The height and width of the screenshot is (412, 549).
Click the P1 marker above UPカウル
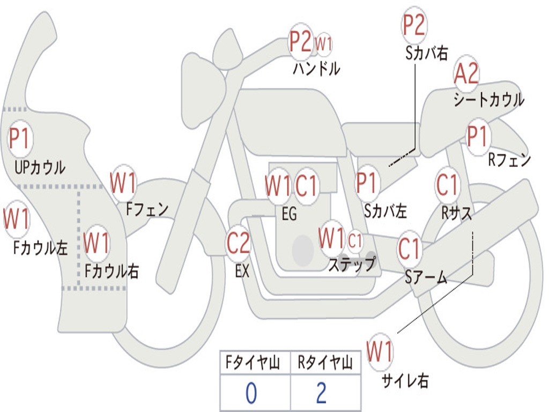point(20,139)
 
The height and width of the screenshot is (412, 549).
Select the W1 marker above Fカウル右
point(97,243)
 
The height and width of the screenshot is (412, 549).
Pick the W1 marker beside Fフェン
point(123,183)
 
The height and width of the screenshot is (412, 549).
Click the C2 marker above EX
point(238,243)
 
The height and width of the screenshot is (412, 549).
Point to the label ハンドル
point(316,69)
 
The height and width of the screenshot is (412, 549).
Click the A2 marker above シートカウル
point(466,74)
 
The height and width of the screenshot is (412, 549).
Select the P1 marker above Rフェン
point(477,137)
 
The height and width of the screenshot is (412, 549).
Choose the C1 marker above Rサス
point(447,185)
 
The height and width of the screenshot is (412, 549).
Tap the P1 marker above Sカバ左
point(367,182)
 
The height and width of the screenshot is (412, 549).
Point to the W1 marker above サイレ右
point(380,352)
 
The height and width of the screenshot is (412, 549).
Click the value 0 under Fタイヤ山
point(251,393)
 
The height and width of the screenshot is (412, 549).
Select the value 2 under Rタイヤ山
point(321,393)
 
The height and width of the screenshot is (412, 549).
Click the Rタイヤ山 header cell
point(325,364)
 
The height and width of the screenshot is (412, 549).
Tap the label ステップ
point(352,264)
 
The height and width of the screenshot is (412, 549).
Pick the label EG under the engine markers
point(289,214)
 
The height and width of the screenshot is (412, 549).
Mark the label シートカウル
point(488,100)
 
